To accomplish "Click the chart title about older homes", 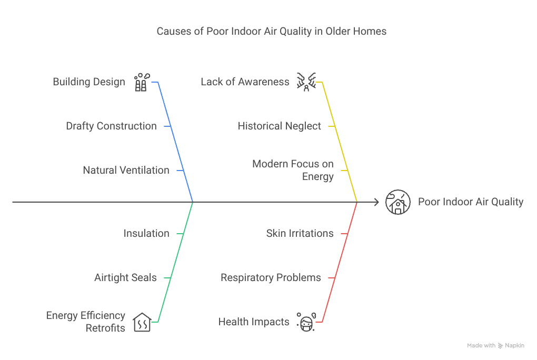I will coord(271,32).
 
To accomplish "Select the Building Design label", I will coord(89,82).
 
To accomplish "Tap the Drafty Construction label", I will coord(111,126).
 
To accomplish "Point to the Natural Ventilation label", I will coord(126,170).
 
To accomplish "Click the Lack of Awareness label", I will coord(245,82).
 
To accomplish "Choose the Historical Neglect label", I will coord(279,126).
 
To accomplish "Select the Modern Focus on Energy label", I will coord(293,170).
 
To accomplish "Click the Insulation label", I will coord(146,233).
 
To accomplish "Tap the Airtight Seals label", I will coord(125,277).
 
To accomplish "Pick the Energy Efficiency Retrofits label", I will coord(86,322).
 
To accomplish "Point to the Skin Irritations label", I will coord(300,233).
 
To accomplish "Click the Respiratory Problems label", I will coord(271,277).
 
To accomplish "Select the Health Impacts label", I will coord(254,322).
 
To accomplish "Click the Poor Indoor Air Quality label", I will coord(471,202).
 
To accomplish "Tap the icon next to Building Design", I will coord(141,82).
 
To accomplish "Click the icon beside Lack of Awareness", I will coord(306,82).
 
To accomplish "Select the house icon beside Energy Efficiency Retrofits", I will coord(142,322).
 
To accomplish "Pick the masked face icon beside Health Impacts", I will coord(306,322).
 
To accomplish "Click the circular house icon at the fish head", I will coord(398,202).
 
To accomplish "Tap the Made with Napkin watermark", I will coord(495,346).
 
